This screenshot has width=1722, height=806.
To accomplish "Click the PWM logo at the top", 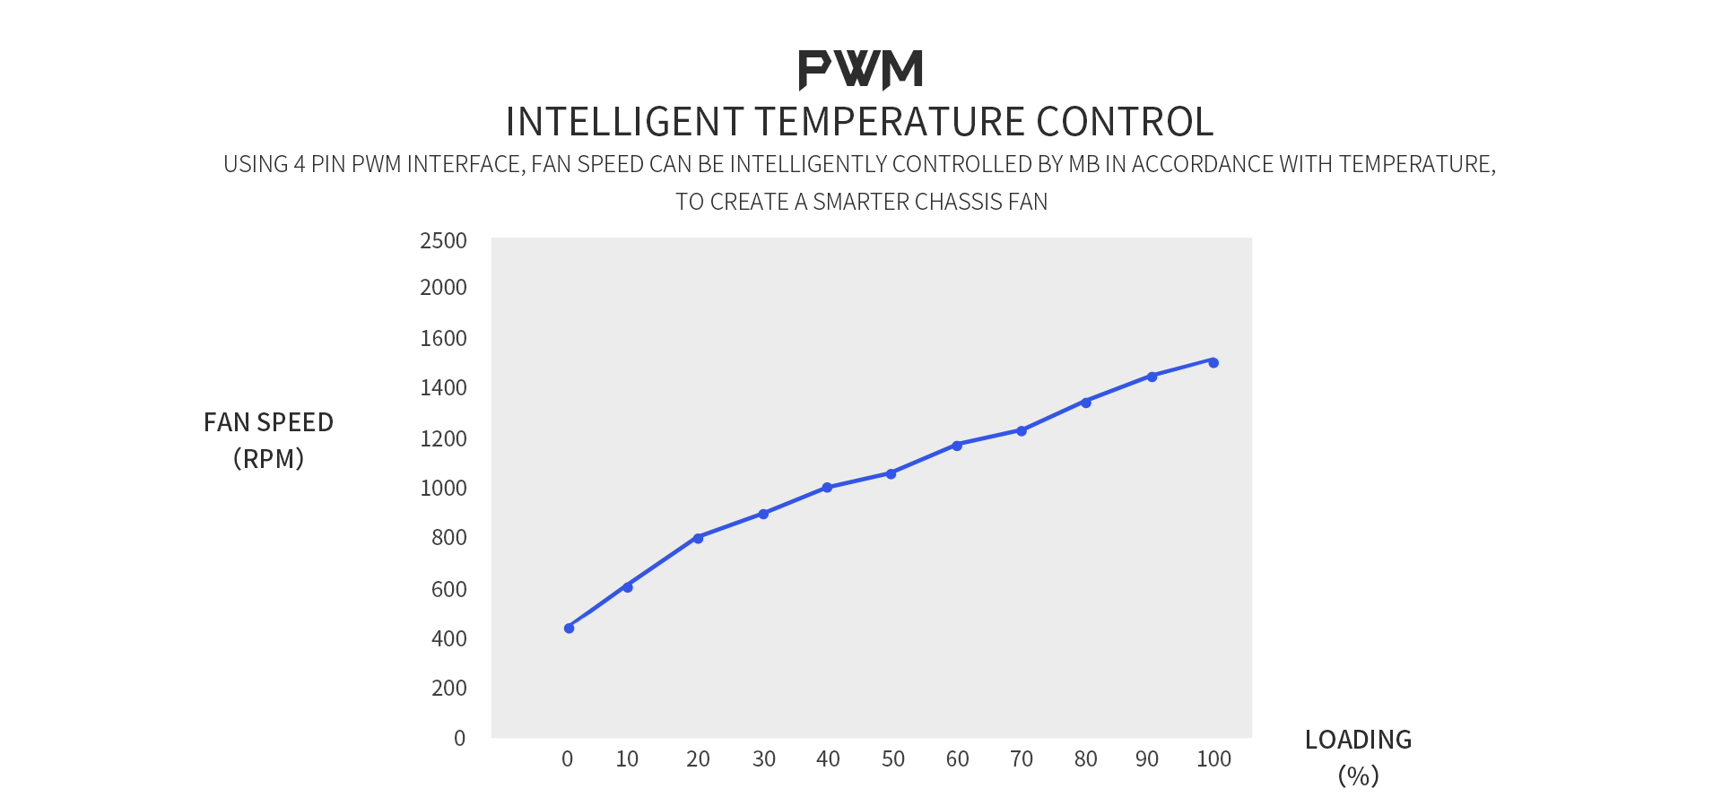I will coord(860,70).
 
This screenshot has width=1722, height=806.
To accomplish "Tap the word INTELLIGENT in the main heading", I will coord(624,122).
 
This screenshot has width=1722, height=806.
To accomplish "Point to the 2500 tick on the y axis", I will coord(443,241).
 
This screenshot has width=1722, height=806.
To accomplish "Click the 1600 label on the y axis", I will coord(443,338).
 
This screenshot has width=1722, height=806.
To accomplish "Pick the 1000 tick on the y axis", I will coord(443,488).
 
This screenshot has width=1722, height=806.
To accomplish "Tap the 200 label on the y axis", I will coord(448,688).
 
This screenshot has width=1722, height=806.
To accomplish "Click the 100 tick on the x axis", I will coord(1213,759).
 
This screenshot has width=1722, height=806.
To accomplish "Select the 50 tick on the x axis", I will coord(892,759).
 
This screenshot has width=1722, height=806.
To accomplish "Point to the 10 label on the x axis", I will coord(627,759).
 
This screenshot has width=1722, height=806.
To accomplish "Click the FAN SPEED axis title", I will coord(268,422).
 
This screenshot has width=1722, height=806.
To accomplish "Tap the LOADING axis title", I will coord(1358,740).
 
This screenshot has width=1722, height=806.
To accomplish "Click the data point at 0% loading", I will coord(569,628).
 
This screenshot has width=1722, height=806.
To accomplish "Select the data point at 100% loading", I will coord(1213,362).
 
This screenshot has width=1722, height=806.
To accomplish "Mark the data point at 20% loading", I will coord(698,538).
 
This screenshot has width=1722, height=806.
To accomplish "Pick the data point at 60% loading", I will coord(957,446).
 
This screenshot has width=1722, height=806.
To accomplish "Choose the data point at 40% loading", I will coord(827,488).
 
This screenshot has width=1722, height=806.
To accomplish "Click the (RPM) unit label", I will coord(268,459).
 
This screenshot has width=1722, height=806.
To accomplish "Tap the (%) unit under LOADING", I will coord(1358,776).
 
